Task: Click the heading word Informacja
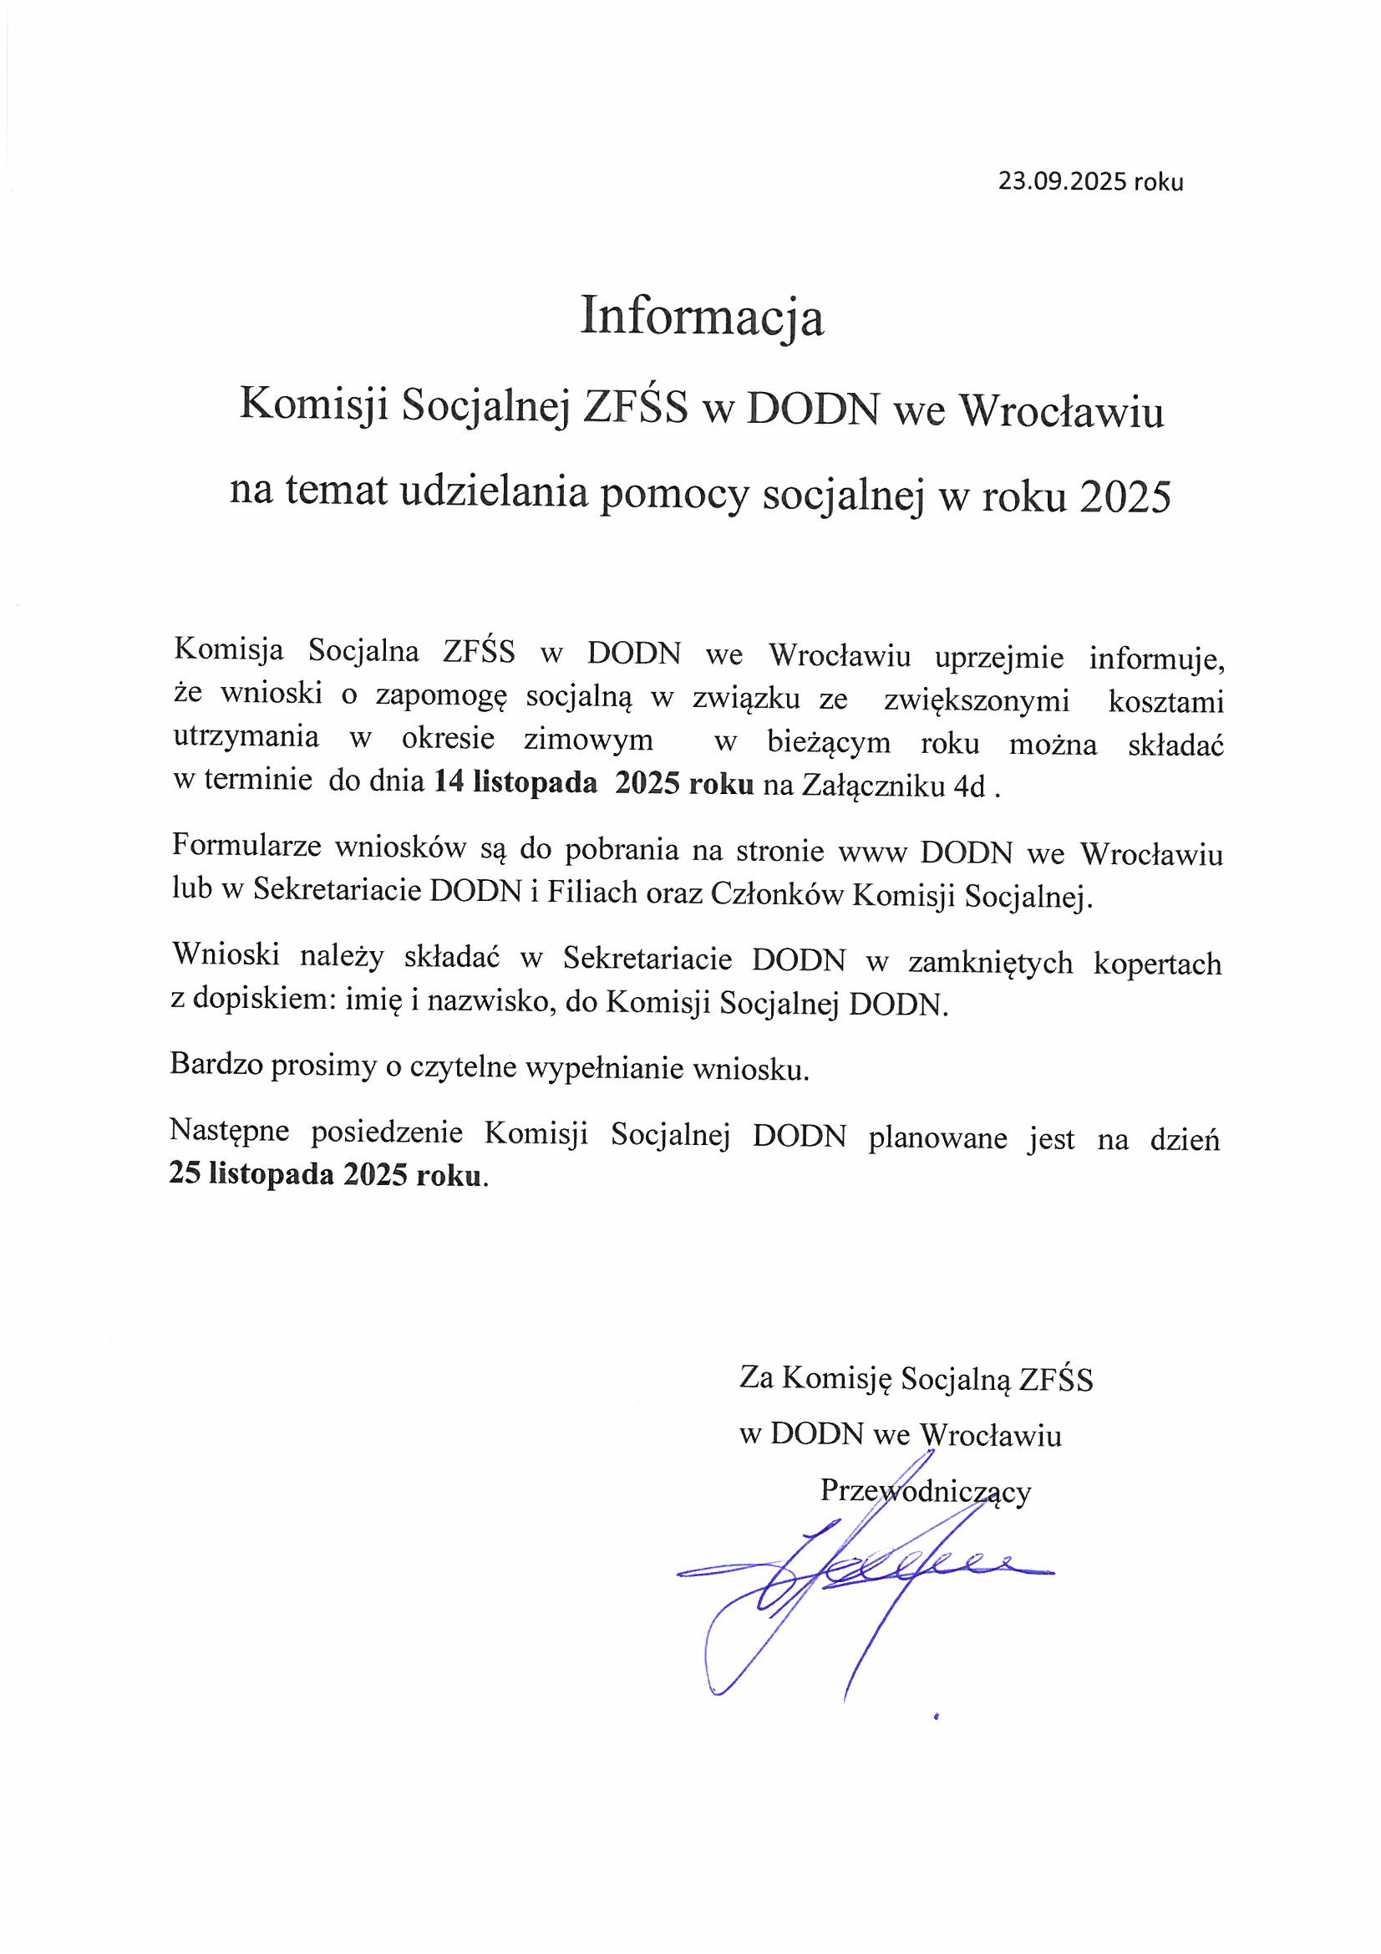click(702, 318)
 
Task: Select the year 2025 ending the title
click(1125, 496)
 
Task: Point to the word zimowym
click(588, 739)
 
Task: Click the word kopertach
click(1156, 964)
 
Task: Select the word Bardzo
click(216, 1066)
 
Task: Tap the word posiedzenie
click(387, 1132)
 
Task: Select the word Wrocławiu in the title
click(1062, 412)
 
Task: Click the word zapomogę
click(441, 696)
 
